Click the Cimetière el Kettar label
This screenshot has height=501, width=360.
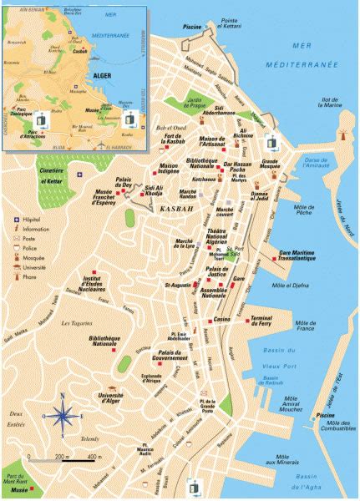tap(52, 173)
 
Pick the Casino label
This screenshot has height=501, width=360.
tap(222, 320)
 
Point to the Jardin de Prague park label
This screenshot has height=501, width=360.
tap(191, 105)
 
